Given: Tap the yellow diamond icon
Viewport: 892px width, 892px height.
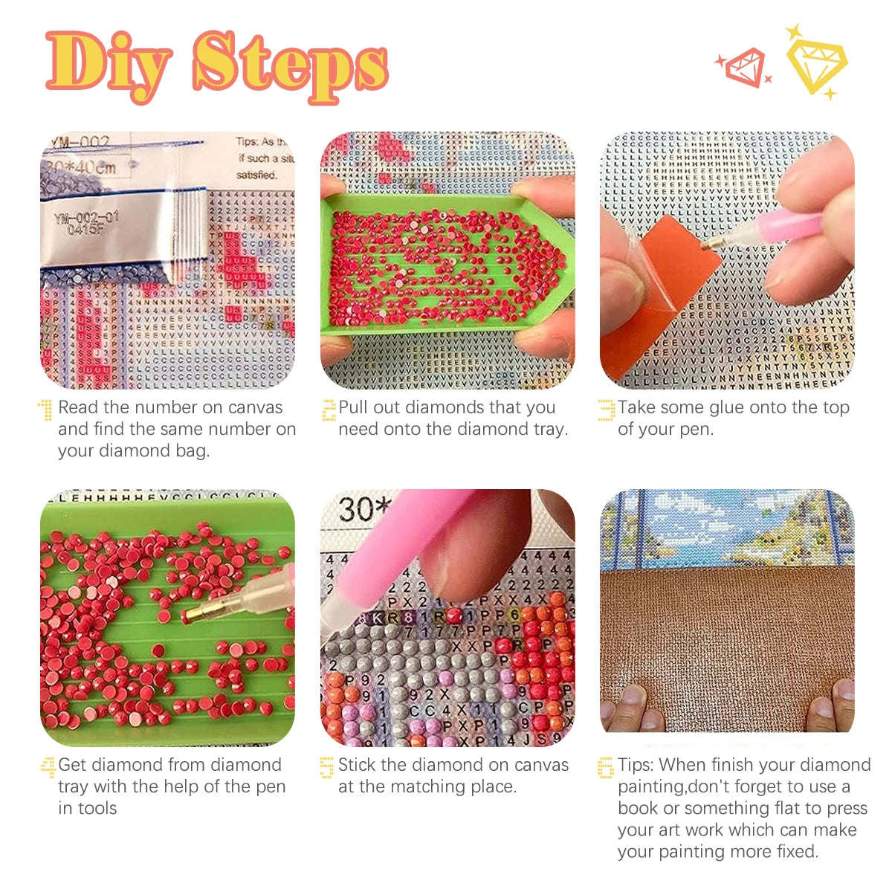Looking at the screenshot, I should click(816, 62).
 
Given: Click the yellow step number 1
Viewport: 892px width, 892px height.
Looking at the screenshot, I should click(46, 410).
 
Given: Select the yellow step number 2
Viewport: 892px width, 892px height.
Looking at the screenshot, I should click(329, 410).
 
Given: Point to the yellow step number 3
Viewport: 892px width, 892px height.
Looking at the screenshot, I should click(607, 410).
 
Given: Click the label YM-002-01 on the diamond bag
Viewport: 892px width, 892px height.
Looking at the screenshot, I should click(86, 218).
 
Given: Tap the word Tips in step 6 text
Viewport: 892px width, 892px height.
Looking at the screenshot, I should click(636, 765).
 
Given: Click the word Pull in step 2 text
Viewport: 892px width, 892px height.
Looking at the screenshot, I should click(355, 407).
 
